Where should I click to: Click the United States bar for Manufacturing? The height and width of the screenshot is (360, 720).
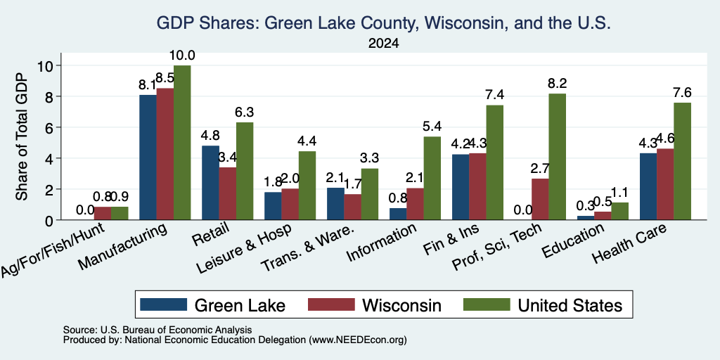coord(182,143)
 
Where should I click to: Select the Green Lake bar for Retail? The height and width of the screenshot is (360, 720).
coord(210,183)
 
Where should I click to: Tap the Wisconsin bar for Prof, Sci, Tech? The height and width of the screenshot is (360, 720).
coord(540,199)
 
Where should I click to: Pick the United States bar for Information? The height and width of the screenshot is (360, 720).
coord(432,178)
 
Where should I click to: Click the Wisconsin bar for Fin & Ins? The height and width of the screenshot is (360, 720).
coord(477,186)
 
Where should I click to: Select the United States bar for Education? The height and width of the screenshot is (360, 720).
coord(620,211)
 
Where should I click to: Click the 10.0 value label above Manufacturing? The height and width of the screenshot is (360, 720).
coord(182,56)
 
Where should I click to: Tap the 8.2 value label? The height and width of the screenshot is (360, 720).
coord(558,84)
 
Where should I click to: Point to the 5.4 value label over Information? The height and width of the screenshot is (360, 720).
coord(432,127)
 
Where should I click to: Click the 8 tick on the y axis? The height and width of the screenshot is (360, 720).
coord(50,96)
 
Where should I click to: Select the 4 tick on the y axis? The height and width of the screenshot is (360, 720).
coord(50,158)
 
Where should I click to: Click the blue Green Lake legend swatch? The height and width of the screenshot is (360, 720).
coord(163,304)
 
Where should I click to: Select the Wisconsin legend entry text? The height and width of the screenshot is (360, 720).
coord(401,305)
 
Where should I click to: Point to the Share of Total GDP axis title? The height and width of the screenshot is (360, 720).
coord(22,136)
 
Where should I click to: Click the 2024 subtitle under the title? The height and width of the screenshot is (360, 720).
coord(383,44)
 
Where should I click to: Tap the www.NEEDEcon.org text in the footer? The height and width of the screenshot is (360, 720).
coord(358,340)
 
